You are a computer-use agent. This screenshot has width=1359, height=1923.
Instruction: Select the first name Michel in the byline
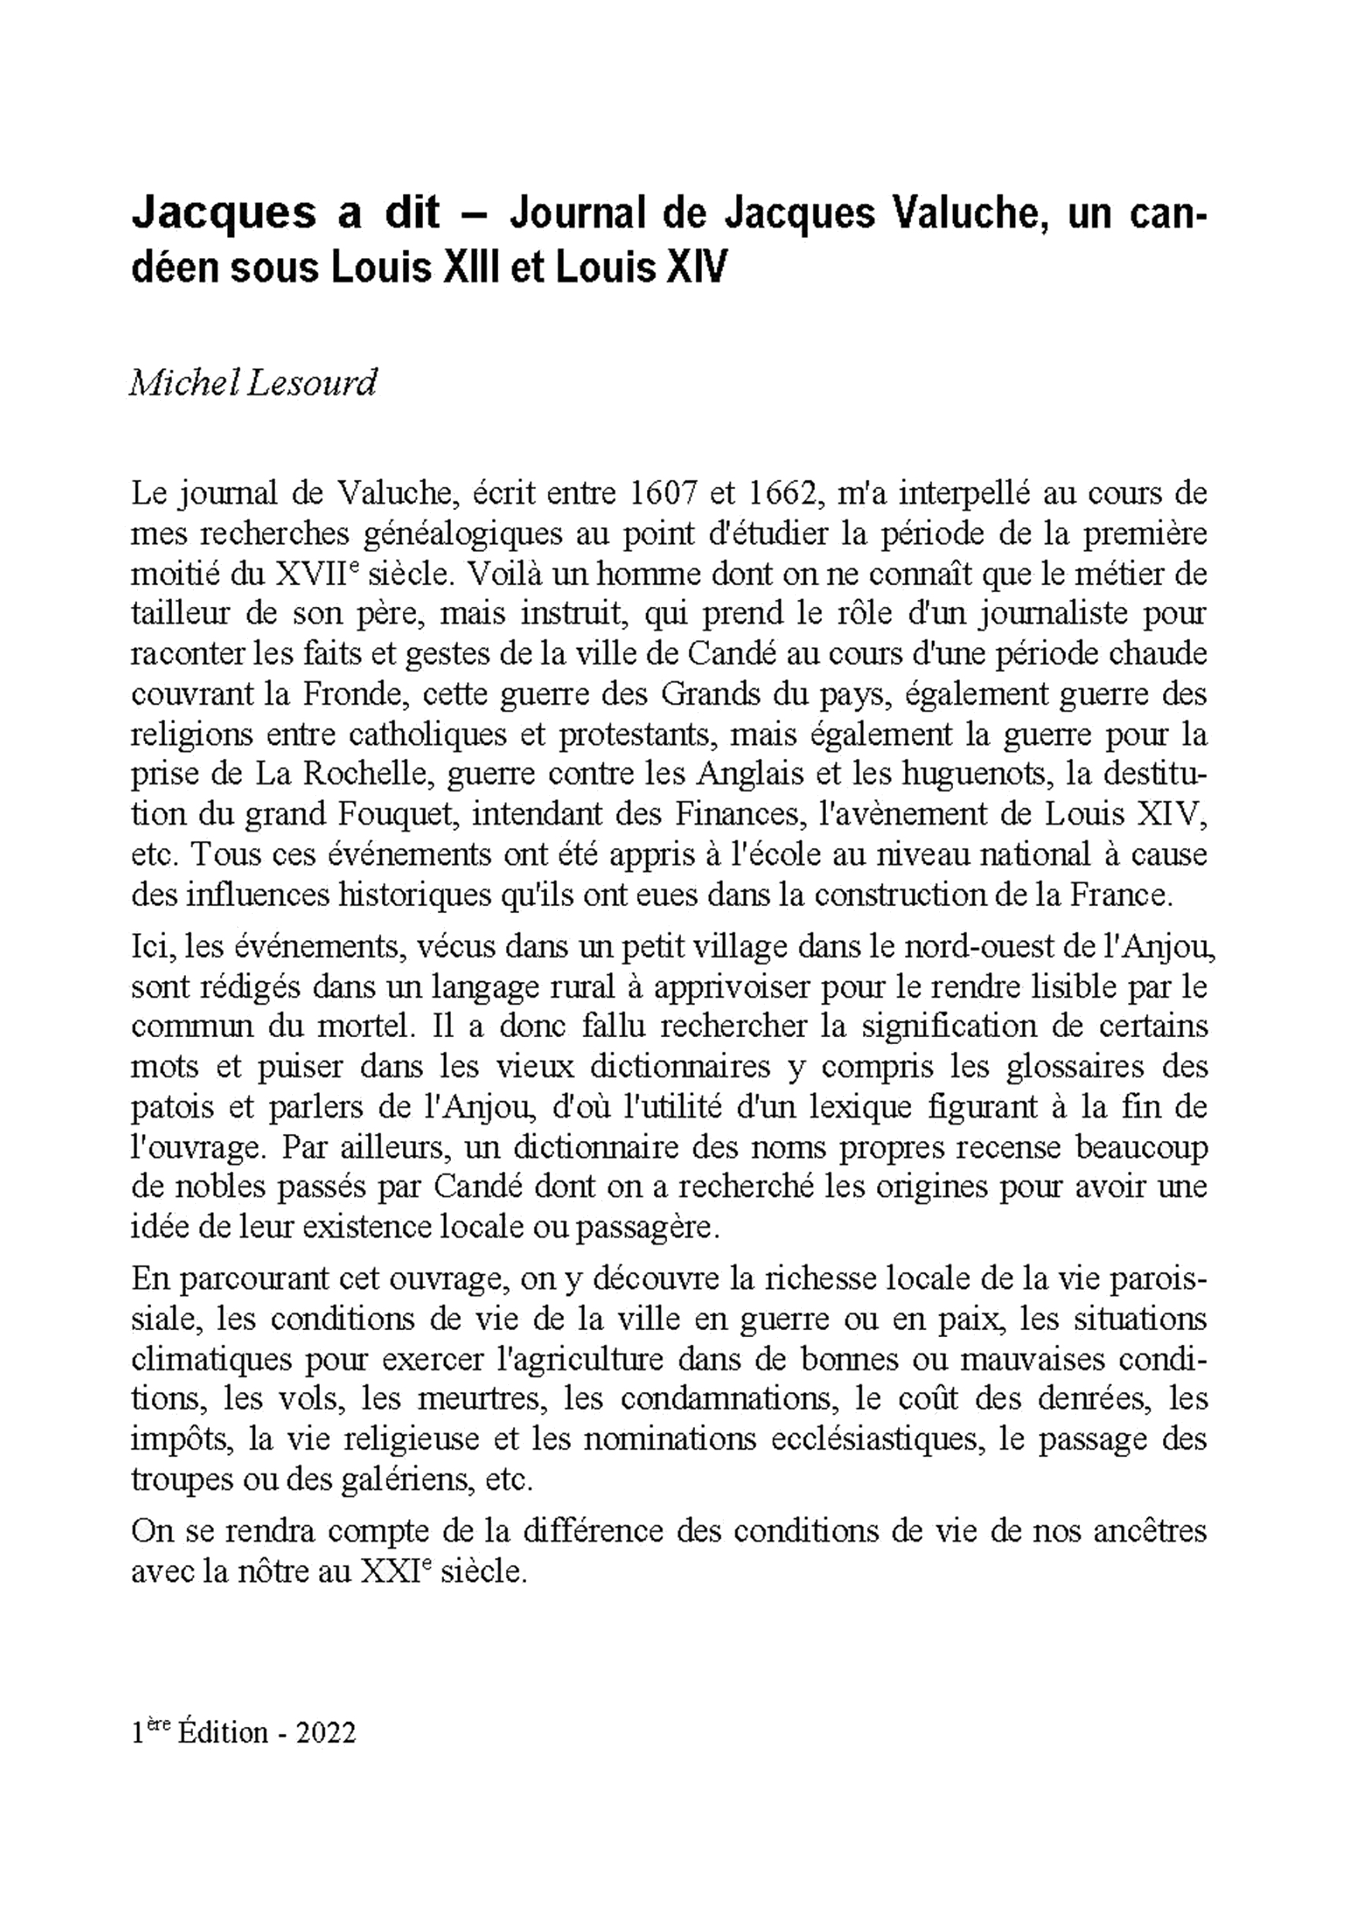point(177,384)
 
